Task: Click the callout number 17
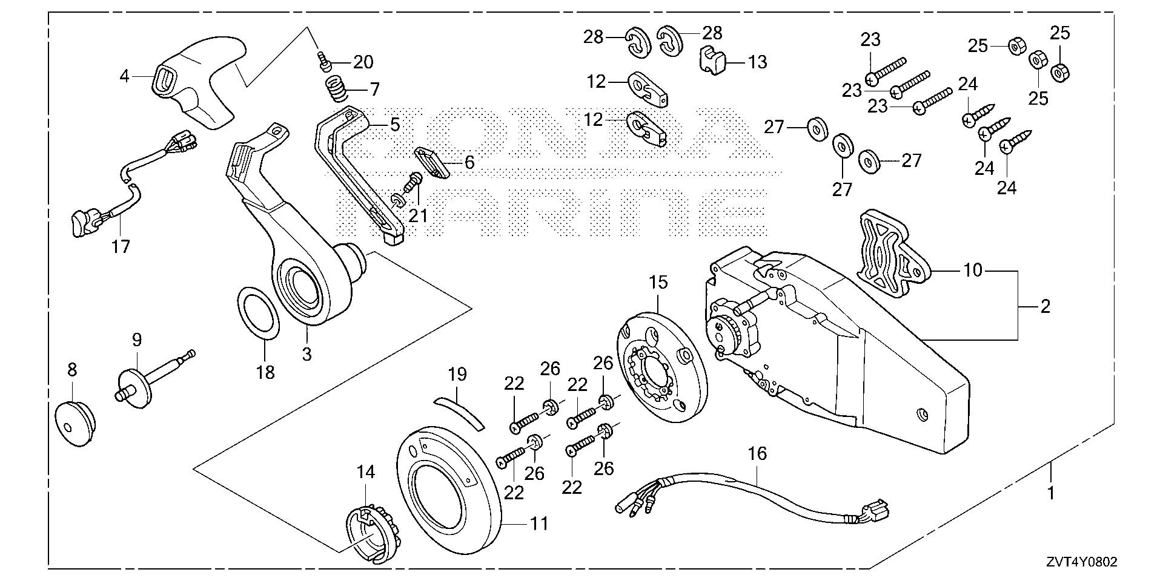pyautogui.click(x=121, y=246)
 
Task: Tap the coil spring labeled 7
pyautogui.click(x=334, y=90)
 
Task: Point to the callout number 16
pyautogui.click(x=757, y=453)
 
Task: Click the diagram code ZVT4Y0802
pyautogui.click(x=1080, y=562)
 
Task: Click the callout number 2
pyautogui.click(x=1045, y=307)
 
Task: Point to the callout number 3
pyautogui.click(x=306, y=353)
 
